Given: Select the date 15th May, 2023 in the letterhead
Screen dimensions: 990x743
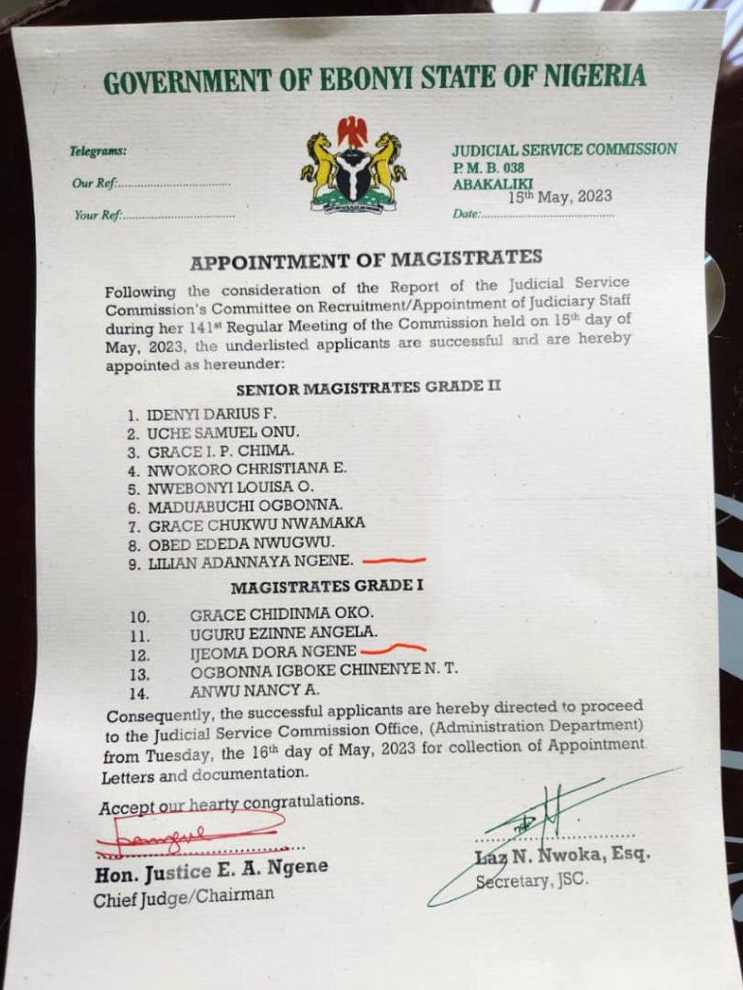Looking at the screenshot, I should point(561,196).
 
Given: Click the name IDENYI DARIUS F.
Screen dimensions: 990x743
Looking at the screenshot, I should point(198,415).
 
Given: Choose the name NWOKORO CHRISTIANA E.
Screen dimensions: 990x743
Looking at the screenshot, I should point(246,469).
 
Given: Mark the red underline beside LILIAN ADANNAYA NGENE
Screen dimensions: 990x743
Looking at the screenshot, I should point(393,560).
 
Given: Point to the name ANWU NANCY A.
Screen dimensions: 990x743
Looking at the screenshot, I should point(254,690).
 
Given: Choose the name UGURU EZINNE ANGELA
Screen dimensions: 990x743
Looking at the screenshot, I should point(282,632).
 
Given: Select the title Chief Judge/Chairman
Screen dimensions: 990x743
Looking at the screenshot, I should point(184,897).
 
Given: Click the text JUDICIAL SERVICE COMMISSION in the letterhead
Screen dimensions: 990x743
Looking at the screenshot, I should point(564,149).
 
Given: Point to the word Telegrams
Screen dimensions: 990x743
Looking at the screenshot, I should point(98,152).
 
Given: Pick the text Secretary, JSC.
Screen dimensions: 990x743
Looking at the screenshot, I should point(531,881).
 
